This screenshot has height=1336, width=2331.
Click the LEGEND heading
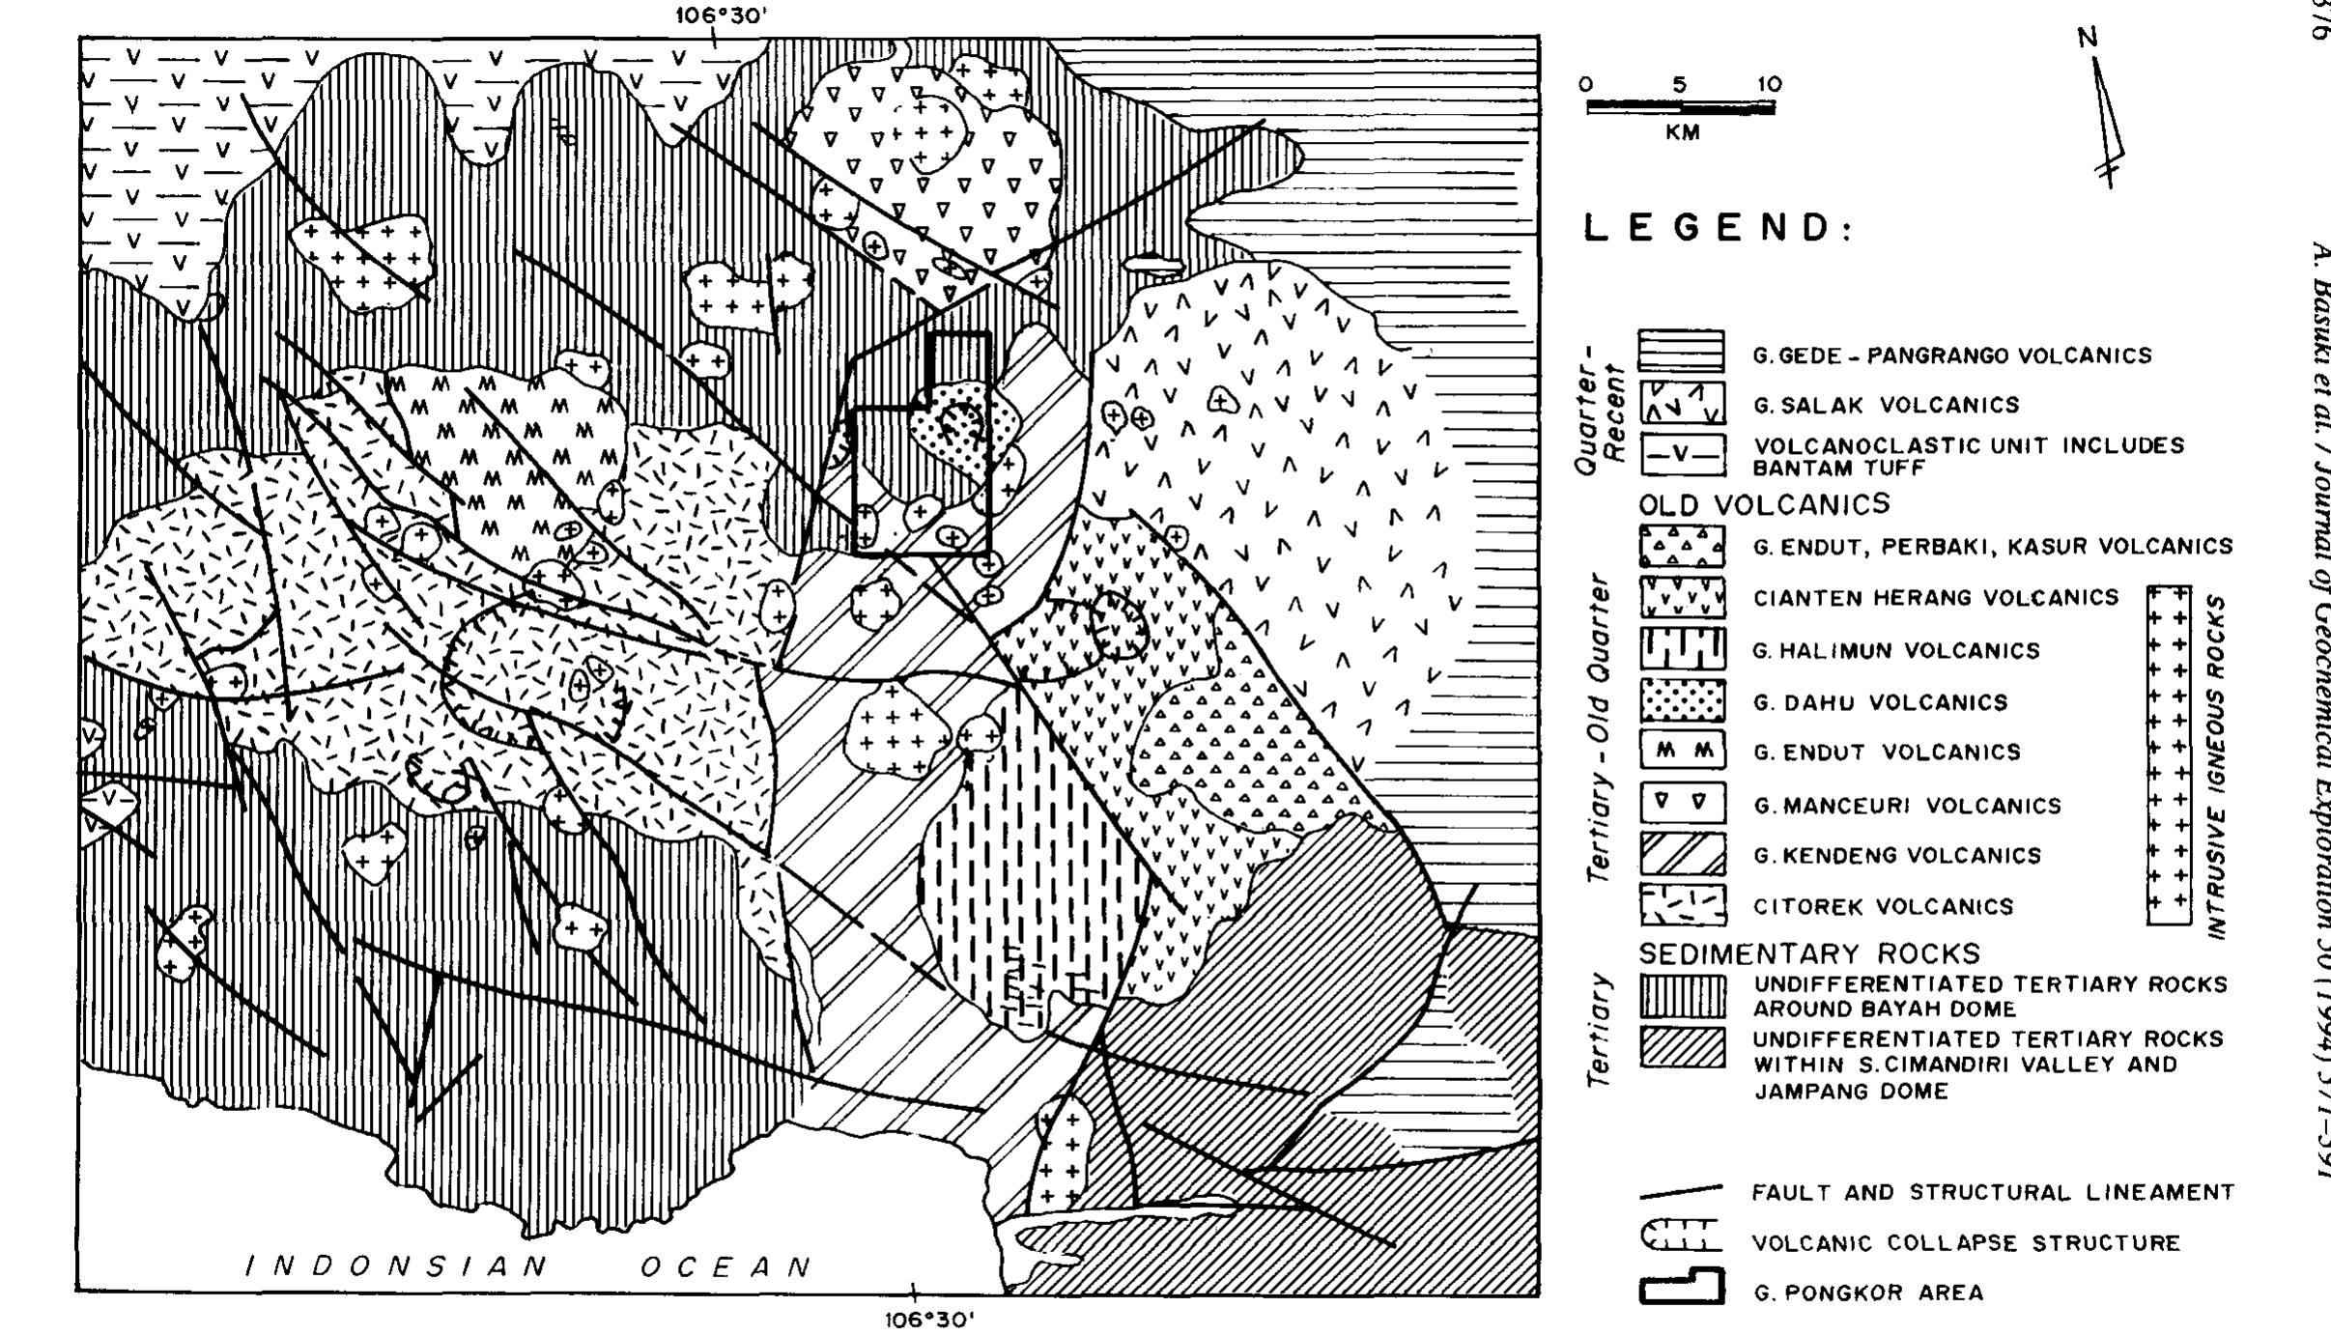(1718, 228)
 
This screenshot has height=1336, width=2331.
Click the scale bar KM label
(1682, 133)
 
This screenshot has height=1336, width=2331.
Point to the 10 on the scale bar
(1770, 84)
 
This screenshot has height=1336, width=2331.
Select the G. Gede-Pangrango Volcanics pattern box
(1682, 353)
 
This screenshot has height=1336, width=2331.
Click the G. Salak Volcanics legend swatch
(1682, 404)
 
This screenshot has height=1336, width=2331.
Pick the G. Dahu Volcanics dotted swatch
(1682, 701)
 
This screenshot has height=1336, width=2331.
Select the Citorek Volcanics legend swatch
(1682, 905)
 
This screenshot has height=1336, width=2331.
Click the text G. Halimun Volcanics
(1896, 651)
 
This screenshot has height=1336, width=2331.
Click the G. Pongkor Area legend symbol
(1682, 1289)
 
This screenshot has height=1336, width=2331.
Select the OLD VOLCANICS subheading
(1764, 504)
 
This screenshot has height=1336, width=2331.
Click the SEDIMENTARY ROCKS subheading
(1809, 953)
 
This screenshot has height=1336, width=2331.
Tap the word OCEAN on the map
(726, 1266)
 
